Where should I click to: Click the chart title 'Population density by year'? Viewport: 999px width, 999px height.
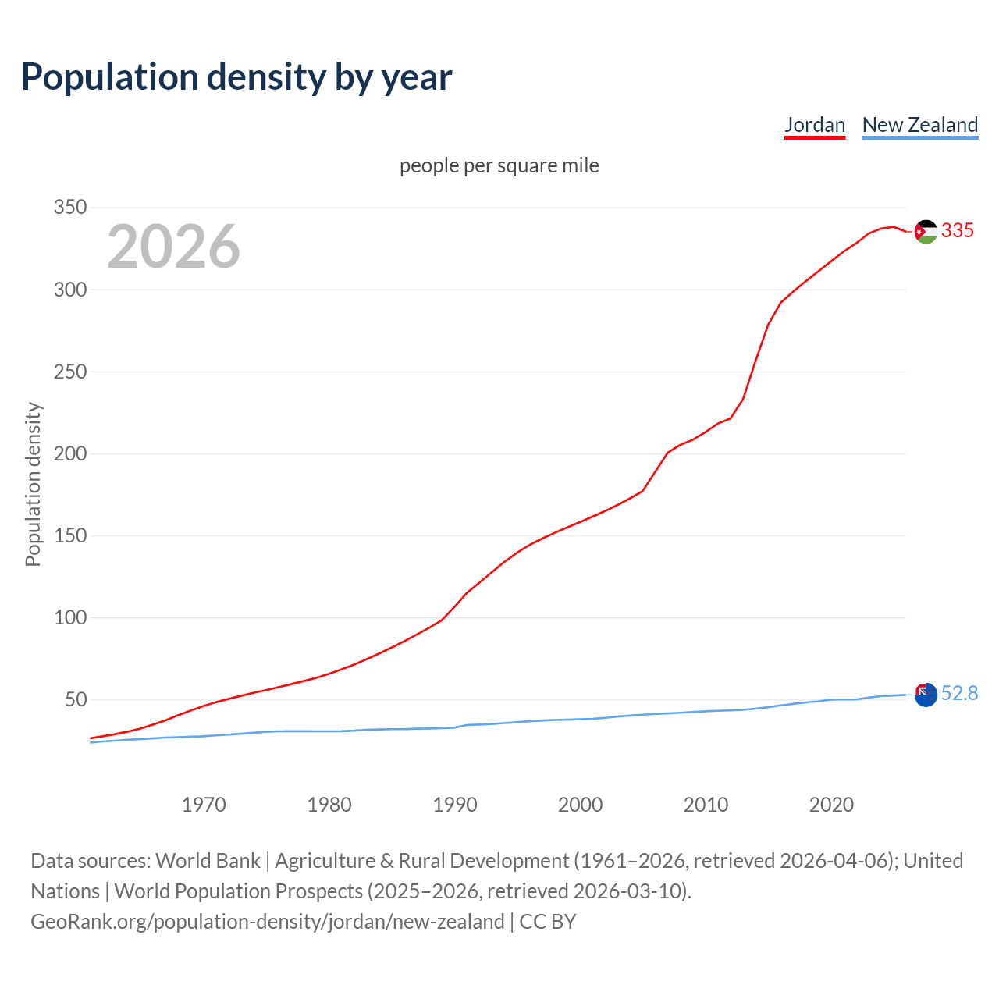click(236, 76)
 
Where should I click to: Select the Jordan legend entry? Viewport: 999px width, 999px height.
click(815, 125)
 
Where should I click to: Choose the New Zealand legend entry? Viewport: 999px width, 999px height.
click(919, 125)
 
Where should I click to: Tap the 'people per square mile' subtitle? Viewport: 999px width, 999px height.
click(499, 166)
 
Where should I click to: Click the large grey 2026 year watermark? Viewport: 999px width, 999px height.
click(173, 247)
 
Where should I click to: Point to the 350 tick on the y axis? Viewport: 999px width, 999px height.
click(69, 208)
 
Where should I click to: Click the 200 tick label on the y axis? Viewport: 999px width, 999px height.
click(69, 453)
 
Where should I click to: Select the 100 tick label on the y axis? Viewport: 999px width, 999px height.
click(69, 617)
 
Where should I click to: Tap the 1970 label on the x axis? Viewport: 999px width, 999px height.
click(204, 805)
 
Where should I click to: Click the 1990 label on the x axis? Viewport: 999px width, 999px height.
click(455, 805)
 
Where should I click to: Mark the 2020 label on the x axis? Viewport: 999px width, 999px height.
click(831, 805)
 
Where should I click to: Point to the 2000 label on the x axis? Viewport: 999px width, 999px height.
click(580, 805)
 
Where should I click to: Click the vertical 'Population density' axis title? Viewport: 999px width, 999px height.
click(33, 484)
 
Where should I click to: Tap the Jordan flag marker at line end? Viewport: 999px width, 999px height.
click(926, 231)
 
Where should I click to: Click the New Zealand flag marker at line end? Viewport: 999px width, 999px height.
click(926, 695)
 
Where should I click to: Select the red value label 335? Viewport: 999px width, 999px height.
click(958, 230)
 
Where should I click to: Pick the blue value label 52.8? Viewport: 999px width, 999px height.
click(959, 694)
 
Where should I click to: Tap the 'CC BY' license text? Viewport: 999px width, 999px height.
click(548, 922)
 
